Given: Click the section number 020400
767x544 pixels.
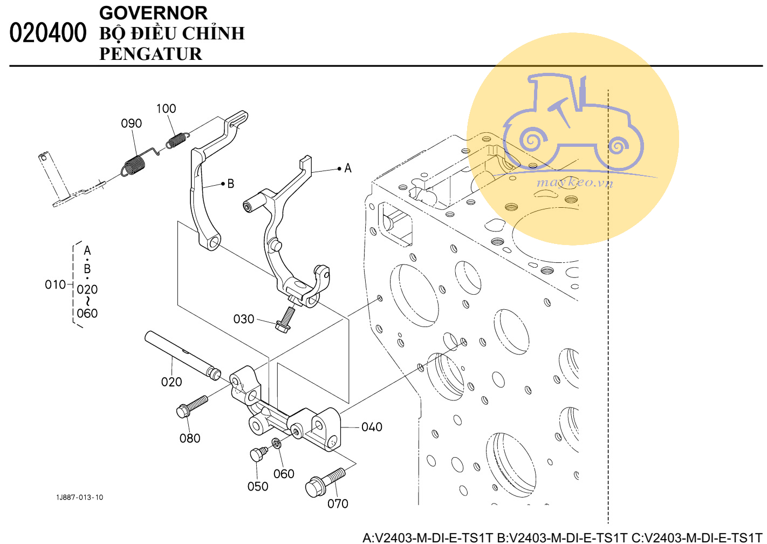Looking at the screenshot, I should tap(47, 33).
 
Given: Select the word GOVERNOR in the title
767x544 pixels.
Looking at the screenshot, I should tap(153, 12).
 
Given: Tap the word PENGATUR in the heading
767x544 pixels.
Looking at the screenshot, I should tap(150, 54).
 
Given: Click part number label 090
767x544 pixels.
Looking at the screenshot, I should tap(131, 124).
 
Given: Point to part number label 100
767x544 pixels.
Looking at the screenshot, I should tap(166, 108).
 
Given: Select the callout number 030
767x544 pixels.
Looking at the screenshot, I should tap(243, 319).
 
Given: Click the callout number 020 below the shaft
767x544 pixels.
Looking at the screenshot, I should tap(172, 382).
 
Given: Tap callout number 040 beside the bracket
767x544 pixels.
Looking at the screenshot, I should tap(372, 427).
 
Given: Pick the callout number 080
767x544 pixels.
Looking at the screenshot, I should tap(190, 438).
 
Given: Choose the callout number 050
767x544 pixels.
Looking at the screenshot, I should tap(258, 486).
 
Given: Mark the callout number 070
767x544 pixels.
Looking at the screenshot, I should tap(338, 504).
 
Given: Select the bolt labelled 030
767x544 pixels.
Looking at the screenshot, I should tap(285, 319).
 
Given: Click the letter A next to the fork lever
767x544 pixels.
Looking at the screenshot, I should tap(348, 168).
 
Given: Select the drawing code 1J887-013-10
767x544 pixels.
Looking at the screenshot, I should tap(79, 497).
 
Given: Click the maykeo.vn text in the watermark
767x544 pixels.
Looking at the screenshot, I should tap(574, 182).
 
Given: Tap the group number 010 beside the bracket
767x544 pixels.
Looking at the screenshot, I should tap(55, 284).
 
